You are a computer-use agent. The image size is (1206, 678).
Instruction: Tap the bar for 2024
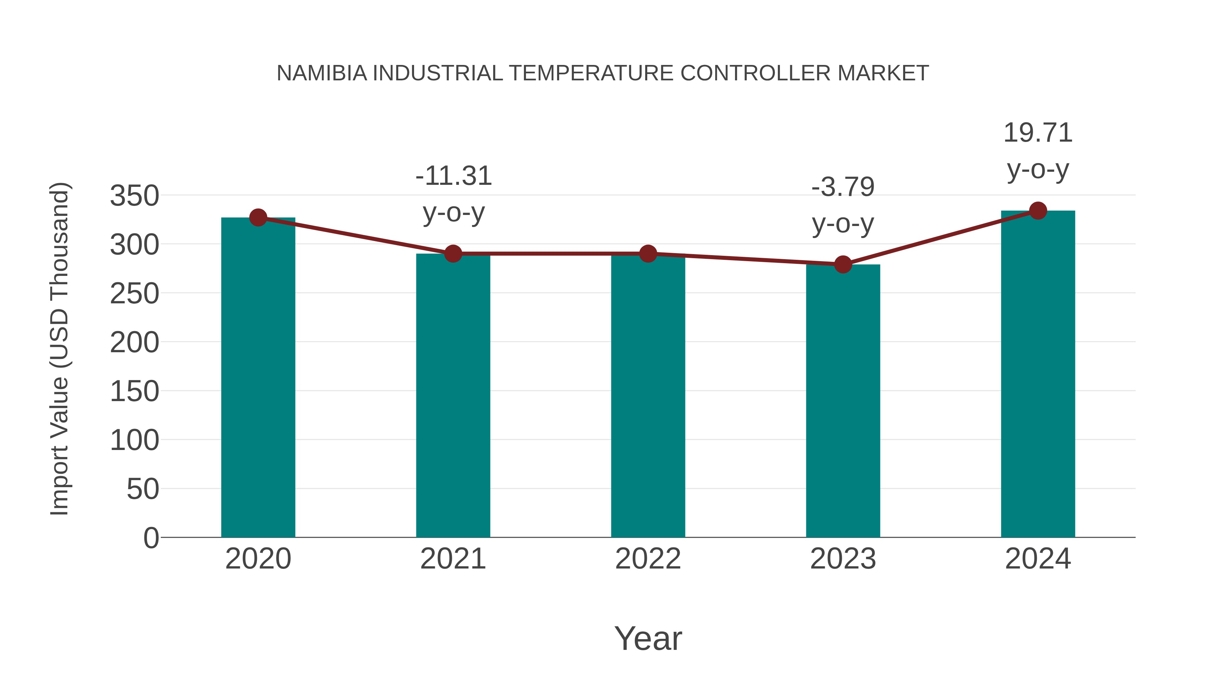coord(1038,374)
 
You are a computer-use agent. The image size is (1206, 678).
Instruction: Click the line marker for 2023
coord(843,265)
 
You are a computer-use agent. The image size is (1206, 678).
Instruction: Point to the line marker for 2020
coord(258,218)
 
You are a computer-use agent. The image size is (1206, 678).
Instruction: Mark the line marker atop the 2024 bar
coord(1038,211)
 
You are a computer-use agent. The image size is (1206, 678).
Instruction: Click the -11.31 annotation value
coord(453,176)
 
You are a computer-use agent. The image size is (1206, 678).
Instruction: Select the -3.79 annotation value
coord(843,187)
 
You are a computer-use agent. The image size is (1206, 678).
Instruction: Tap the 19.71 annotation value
coord(1038,133)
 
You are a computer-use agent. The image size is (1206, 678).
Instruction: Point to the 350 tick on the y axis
coord(134,196)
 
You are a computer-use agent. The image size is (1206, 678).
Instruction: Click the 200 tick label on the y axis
coord(134,343)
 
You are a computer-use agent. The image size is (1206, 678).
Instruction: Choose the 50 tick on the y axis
coord(143,489)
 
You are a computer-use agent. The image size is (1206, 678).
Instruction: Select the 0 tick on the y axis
coord(151,538)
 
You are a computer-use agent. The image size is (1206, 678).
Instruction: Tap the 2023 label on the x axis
coord(843,559)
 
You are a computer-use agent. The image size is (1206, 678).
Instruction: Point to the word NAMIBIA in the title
coord(322,73)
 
